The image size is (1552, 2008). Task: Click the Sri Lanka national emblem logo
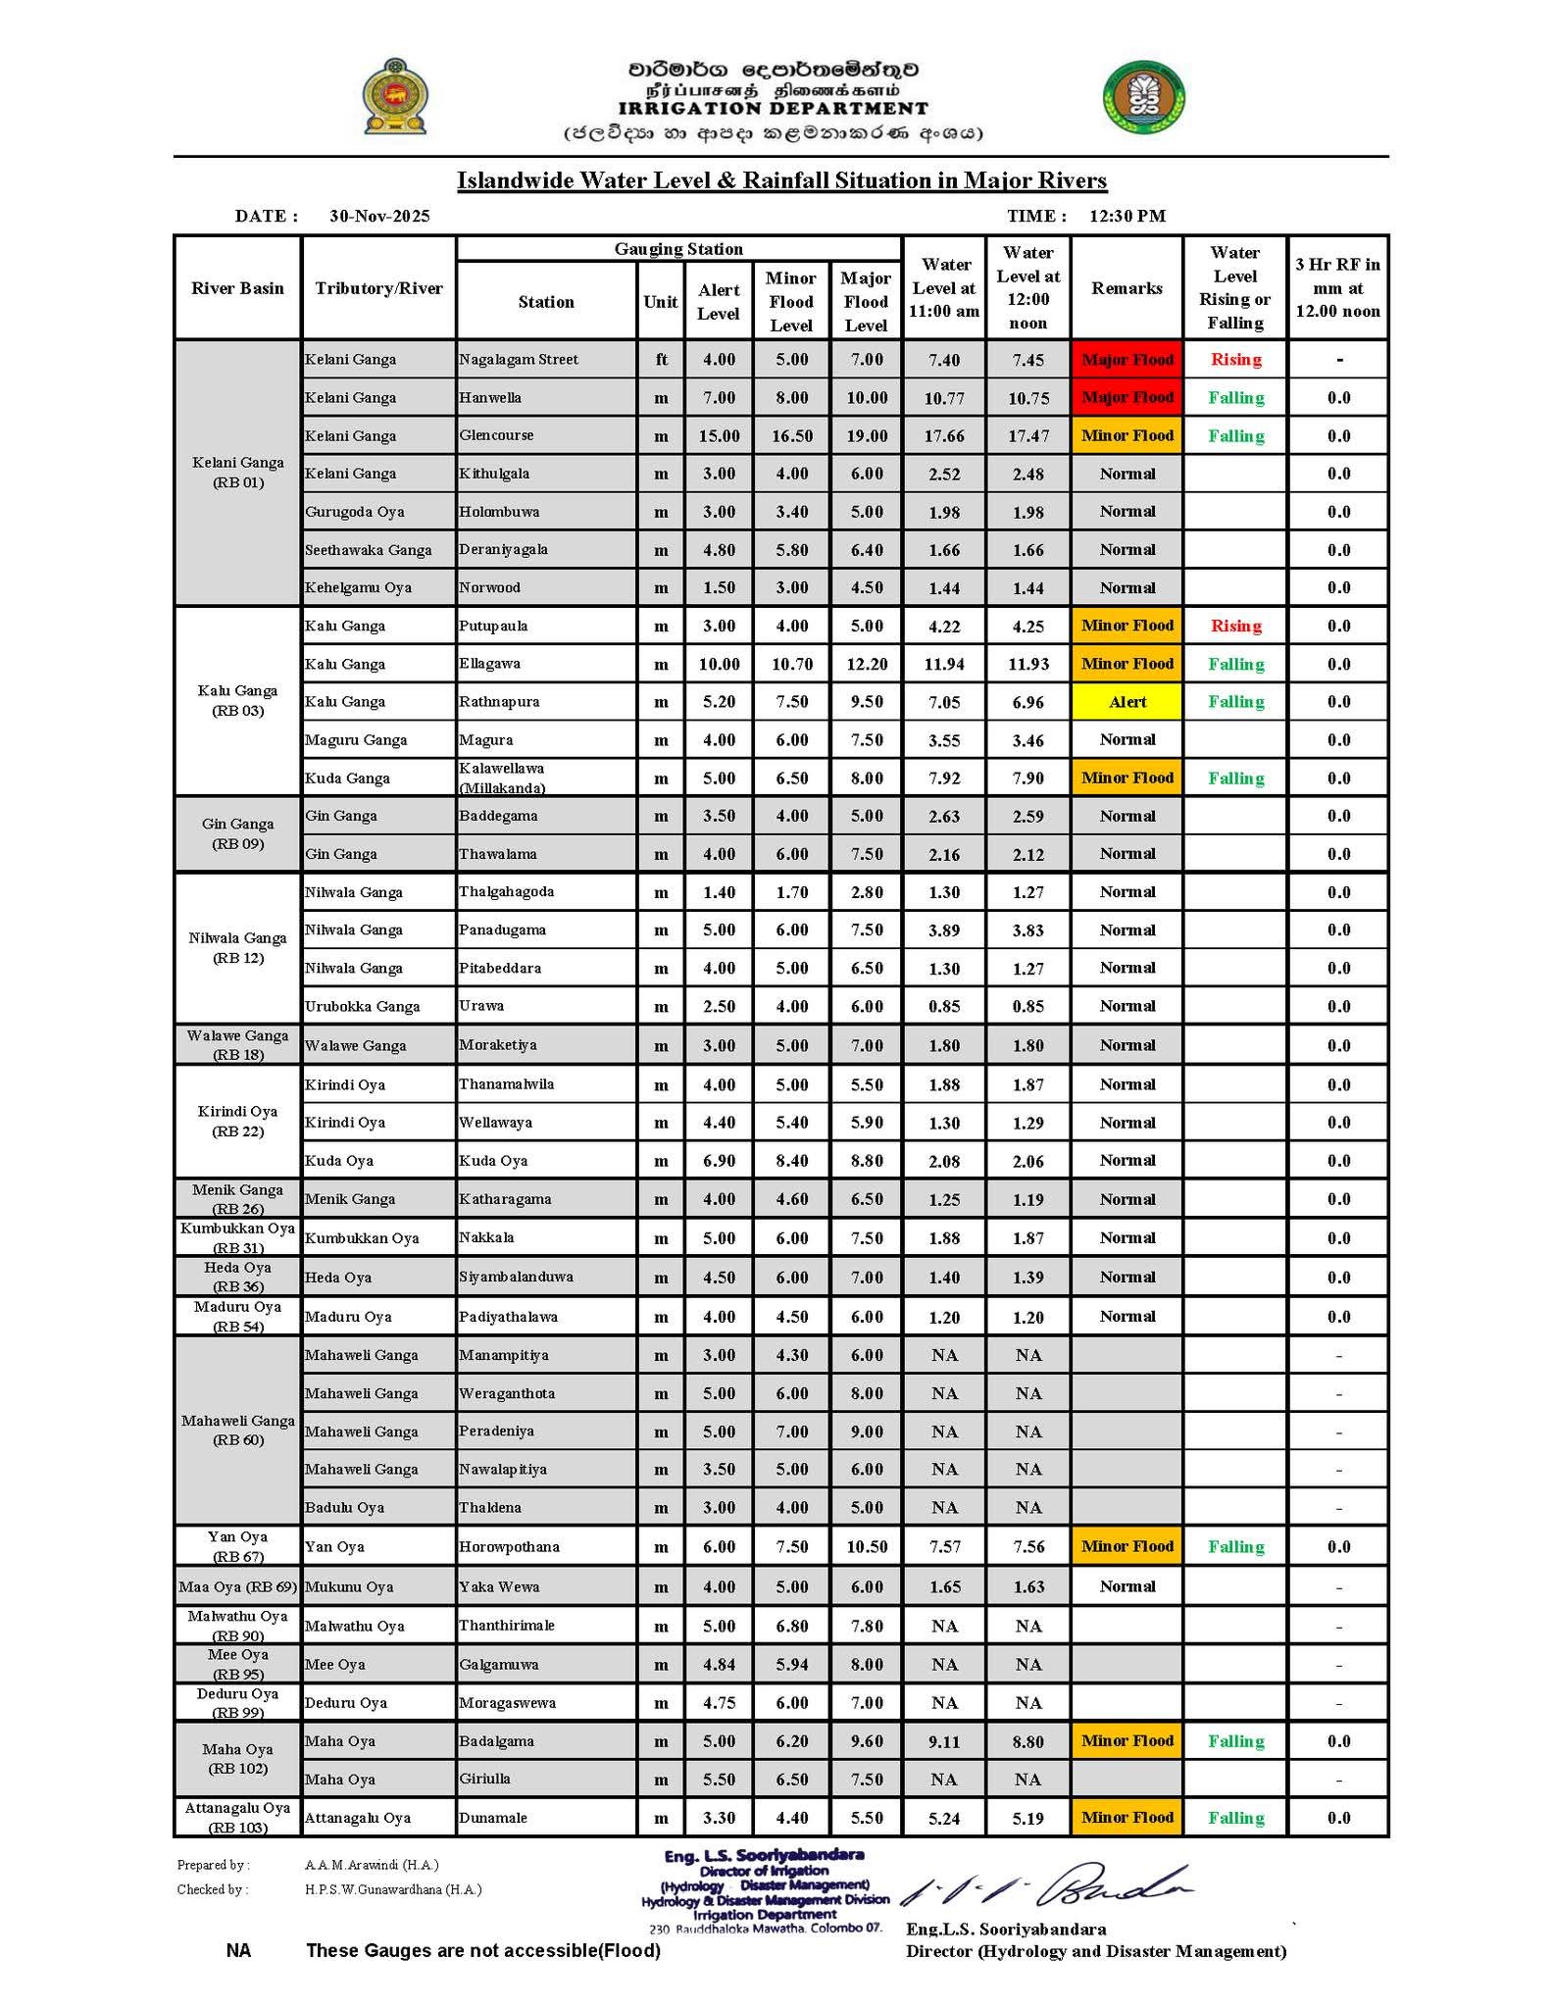tap(395, 96)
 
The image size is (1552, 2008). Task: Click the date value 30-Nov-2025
tap(379, 216)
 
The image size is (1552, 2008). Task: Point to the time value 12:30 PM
tap(1126, 216)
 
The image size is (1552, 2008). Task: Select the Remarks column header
tap(1126, 288)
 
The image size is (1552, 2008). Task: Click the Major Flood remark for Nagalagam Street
tap(1126, 360)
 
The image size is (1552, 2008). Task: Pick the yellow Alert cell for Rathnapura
tap(1126, 702)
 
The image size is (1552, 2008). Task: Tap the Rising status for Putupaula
tap(1235, 626)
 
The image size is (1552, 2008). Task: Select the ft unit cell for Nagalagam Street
tap(661, 360)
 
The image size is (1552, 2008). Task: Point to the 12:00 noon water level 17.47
tap(1027, 436)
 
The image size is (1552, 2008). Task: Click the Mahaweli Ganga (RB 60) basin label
tap(238, 1430)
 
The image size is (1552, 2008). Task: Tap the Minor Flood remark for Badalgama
tap(1126, 1741)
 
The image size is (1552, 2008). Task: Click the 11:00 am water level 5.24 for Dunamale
tap(944, 1819)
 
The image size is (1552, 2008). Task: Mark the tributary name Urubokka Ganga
tap(362, 1006)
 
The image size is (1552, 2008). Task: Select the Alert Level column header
tap(719, 302)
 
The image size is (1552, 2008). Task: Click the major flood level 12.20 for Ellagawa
tap(867, 664)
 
